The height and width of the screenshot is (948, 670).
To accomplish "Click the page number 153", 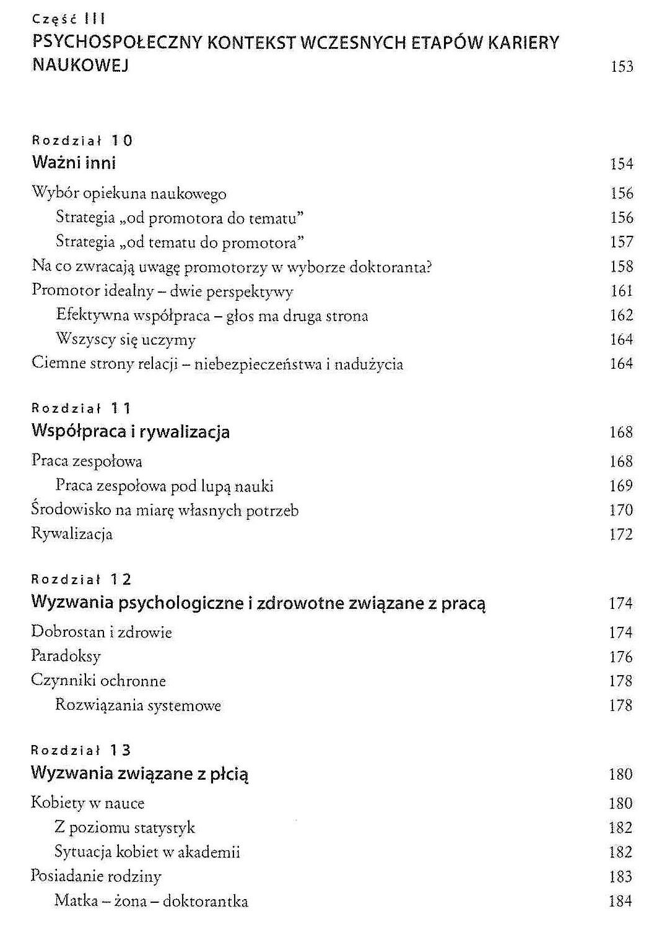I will coord(622,66).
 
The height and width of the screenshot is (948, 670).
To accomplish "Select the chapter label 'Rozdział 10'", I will coord(82,140).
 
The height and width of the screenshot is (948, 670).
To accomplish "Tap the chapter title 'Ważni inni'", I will coord(74,163).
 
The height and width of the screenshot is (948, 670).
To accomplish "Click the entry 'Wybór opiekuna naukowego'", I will coord(129,194).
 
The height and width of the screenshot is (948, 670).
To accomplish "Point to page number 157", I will coord(622,242).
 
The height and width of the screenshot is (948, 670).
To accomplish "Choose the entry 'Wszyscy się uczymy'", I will coord(126,340).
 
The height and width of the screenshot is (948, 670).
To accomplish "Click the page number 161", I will coord(622,291).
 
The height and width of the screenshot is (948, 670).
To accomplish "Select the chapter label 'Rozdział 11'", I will coord(82,408).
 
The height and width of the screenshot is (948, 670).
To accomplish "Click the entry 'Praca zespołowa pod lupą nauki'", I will coord(164,486).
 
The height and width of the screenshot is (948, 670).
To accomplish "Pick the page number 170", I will coord(621,511).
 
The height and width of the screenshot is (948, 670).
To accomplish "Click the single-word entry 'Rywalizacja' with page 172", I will coord(72,534).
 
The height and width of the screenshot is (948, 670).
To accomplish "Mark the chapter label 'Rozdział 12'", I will coord(82,580).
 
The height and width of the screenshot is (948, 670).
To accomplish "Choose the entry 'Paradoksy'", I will coord(66,656).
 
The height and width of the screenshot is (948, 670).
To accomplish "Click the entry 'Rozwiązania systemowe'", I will coord(137,705).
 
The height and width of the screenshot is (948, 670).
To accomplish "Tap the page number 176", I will coord(620,657).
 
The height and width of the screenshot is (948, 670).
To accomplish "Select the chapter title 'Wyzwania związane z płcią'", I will coord(140,773).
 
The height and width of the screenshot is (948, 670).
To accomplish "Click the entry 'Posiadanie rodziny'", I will coord(96,876).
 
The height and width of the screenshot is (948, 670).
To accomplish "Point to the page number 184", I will coord(620,901).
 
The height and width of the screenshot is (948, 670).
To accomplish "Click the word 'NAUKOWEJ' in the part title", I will coord(80,65).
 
